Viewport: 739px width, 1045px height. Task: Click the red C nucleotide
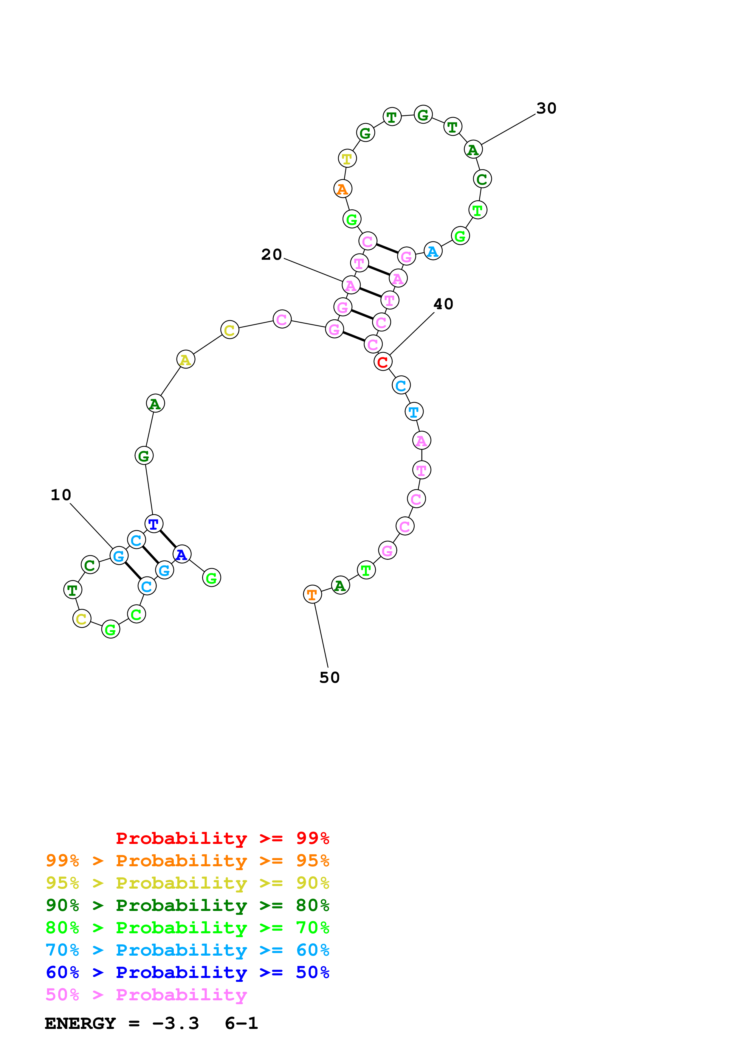tap(382, 362)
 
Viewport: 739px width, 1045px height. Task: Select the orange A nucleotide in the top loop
tap(343, 189)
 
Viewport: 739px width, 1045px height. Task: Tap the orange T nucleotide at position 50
tap(312, 594)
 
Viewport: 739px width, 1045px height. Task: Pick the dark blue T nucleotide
tap(154, 524)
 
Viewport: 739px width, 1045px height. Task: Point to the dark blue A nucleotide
tap(182, 554)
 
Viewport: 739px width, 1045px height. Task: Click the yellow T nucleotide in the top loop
tap(347, 158)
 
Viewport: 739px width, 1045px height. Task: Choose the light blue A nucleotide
tap(433, 251)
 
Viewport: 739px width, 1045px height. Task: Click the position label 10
tap(61, 495)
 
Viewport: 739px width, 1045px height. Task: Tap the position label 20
tap(271, 254)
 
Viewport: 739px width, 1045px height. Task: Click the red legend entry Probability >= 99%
tap(222, 838)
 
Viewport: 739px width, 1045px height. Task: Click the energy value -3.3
tap(175, 1024)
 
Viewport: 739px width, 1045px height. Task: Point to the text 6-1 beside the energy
tap(241, 1024)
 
